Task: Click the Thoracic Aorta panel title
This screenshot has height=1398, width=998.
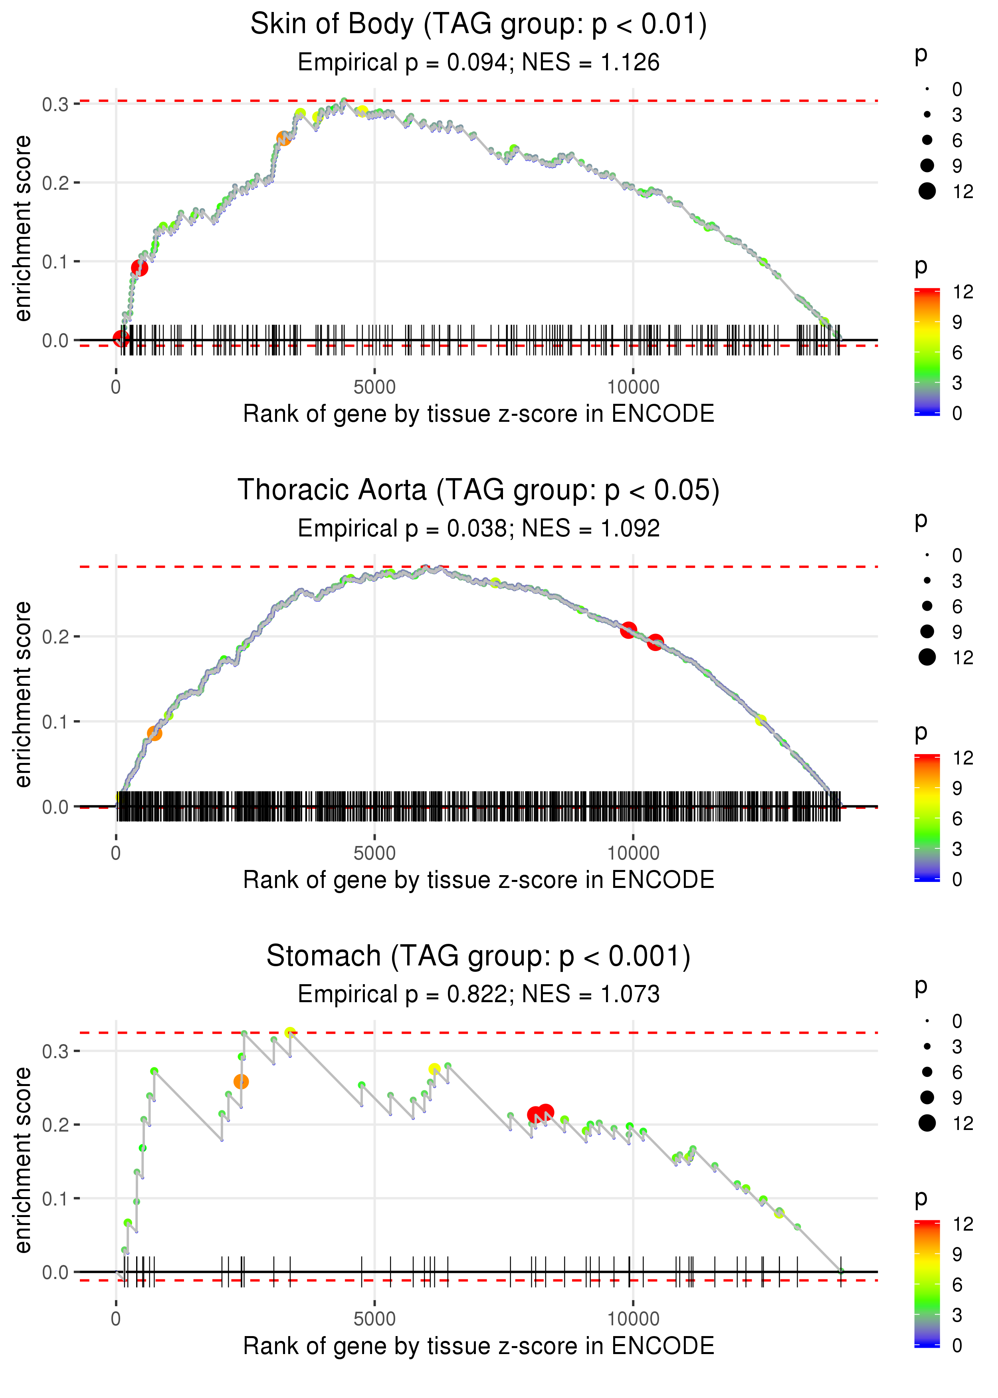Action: (x=478, y=490)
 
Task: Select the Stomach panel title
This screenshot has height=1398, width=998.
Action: (x=478, y=956)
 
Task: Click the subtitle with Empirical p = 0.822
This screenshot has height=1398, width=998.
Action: (x=478, y=994)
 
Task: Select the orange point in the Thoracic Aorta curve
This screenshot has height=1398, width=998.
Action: (x=154, y=733)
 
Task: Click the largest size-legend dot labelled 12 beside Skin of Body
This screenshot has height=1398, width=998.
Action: (x=927, y=191)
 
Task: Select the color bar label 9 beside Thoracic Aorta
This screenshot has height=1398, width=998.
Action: (x=957, y=788)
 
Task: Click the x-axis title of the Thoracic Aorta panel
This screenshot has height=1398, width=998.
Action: (x=478, y=880)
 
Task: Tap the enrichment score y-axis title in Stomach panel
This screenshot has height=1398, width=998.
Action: (x=23, y=1160)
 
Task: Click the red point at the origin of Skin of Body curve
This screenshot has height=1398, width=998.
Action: (x=121, y=338)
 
